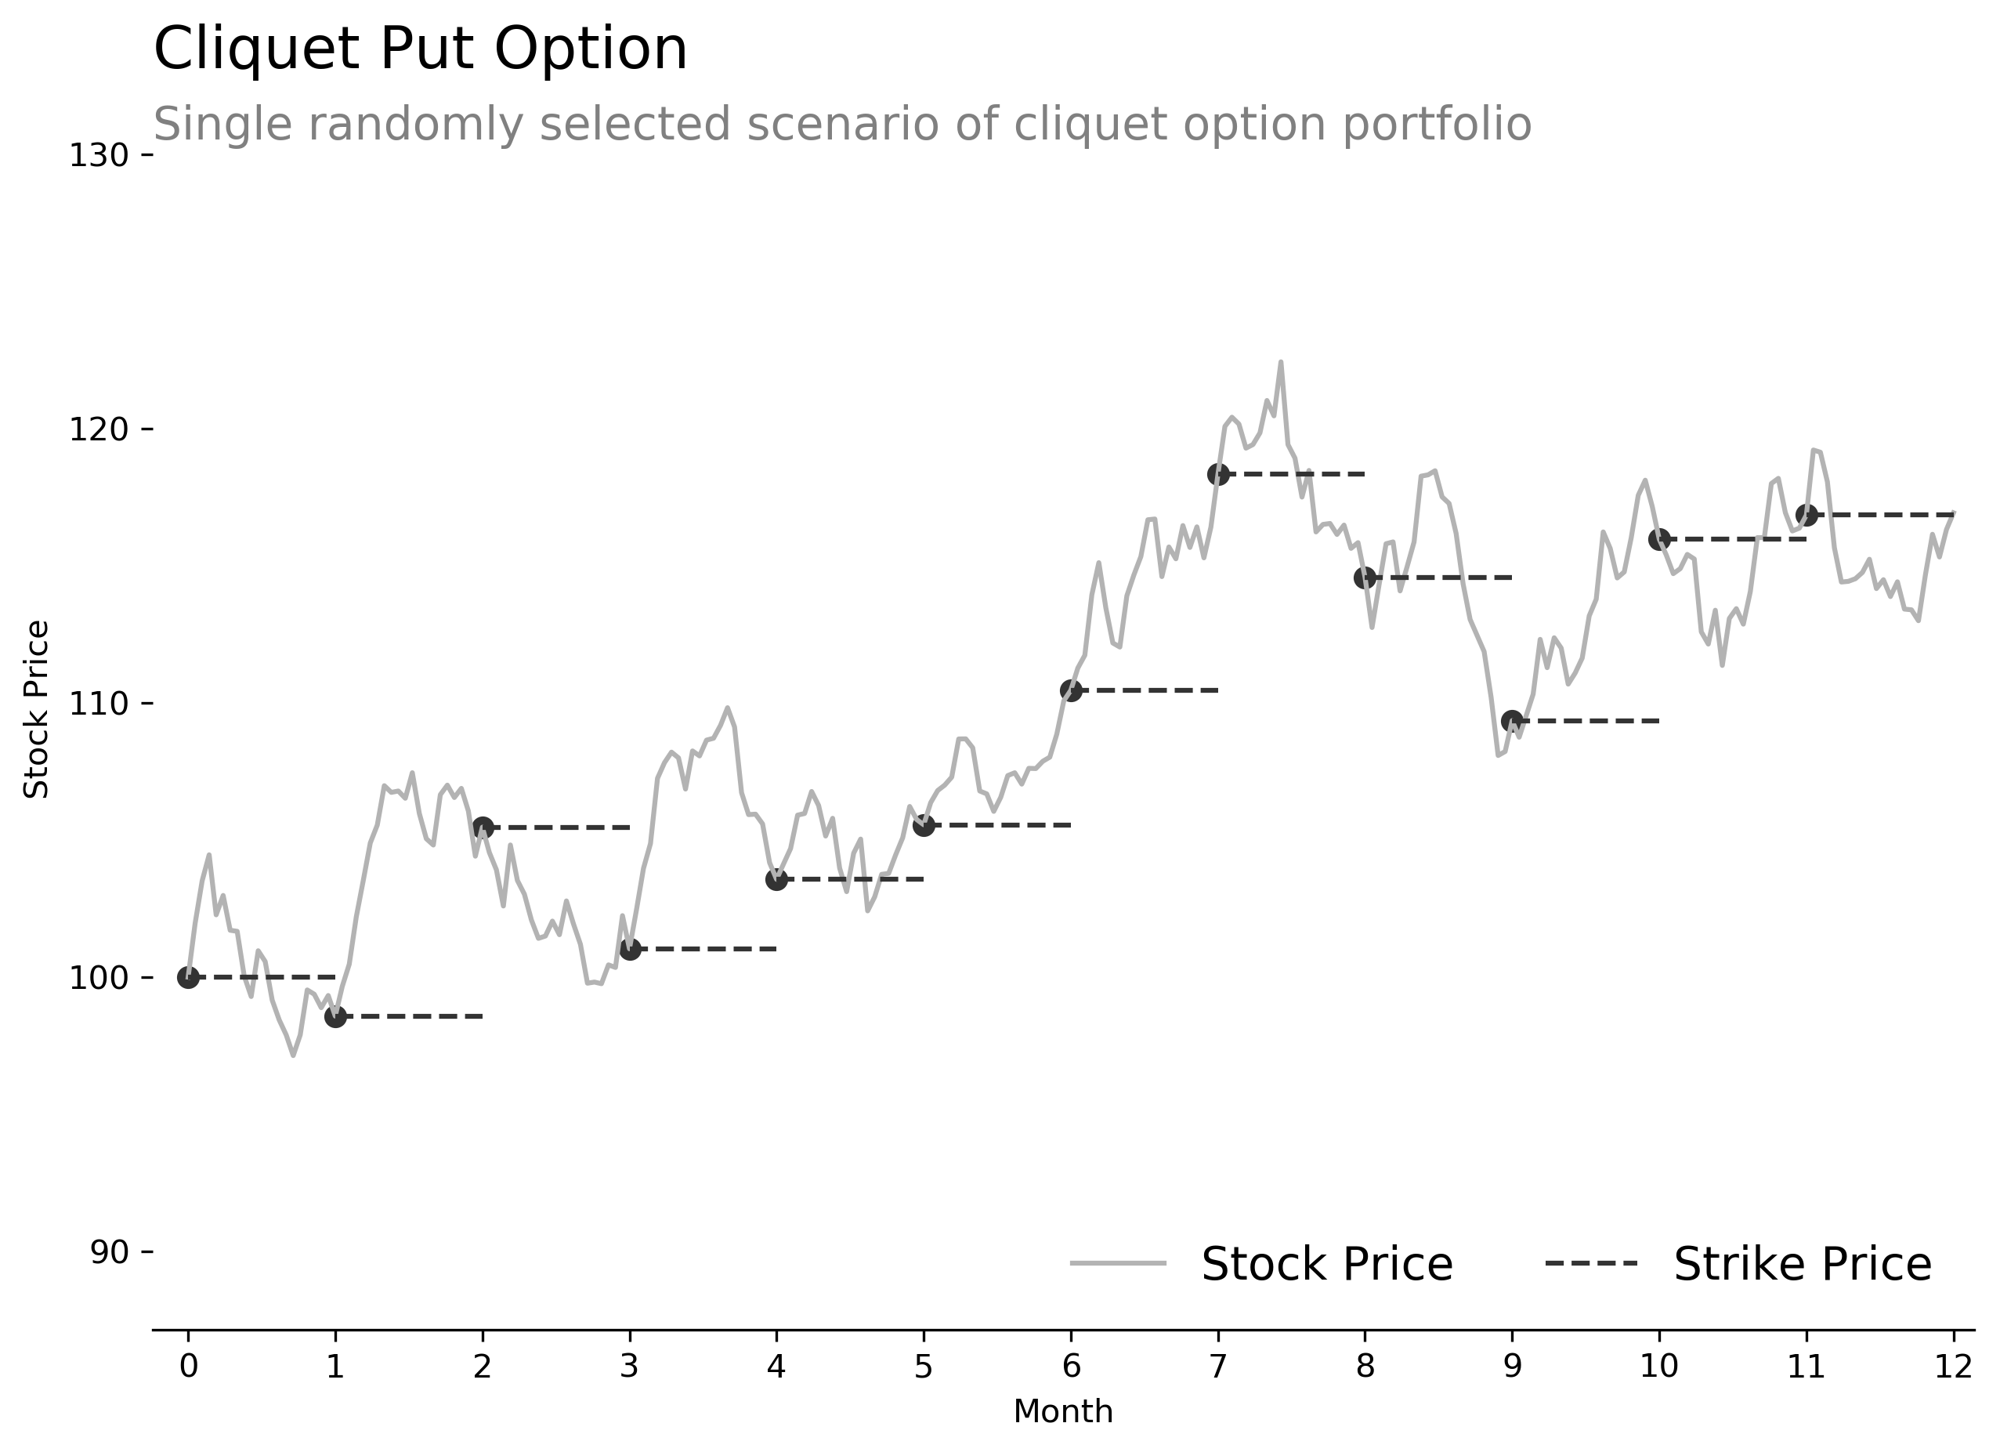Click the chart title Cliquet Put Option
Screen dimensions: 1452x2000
tap(420, 49)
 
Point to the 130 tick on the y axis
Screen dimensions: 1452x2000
tap(98, 156)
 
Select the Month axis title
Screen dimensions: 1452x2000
tap(1062, 1412)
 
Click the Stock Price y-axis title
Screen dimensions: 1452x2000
tap(37, 710)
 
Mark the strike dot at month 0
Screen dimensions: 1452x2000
tap(188, 977)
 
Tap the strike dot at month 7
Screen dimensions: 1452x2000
tap(1218, 475)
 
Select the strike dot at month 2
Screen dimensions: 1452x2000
tap(483, 827)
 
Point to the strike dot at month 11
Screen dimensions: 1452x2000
tap(1806, 514)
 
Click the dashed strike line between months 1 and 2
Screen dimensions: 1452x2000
tap(409, 1017)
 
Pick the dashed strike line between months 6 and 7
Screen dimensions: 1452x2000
tap(1145, 690)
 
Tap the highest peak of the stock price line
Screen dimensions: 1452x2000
tap(1280, 363)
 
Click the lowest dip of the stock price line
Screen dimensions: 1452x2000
tap(294, 1055)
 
